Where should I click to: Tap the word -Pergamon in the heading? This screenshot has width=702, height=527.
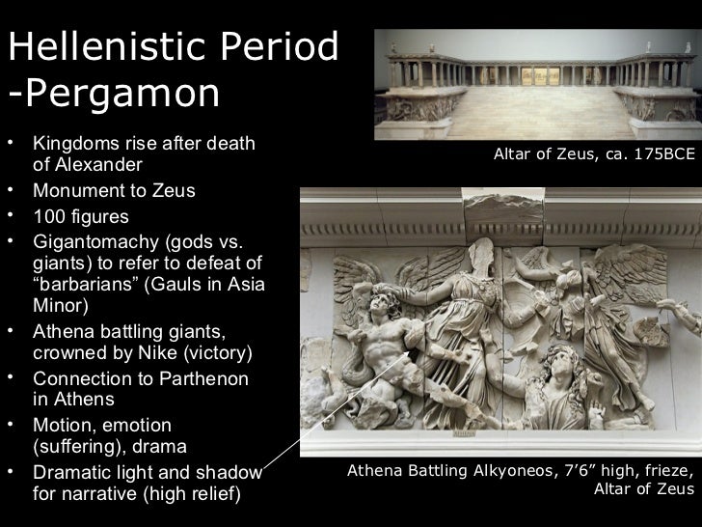[x=116, y=95]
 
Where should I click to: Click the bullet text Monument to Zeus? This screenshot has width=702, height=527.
[x=114, y=190]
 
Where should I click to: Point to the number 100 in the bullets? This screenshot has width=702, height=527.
[x=49, y=216]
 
